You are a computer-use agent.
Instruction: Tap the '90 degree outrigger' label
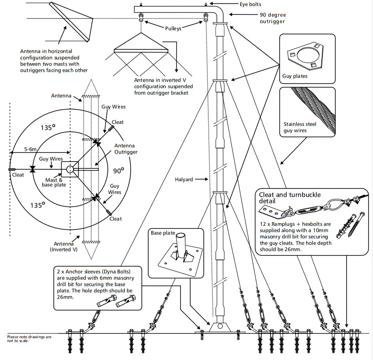272,18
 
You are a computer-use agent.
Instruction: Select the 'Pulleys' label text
173,28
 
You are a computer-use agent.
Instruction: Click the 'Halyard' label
184,180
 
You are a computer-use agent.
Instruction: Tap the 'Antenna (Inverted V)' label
61,246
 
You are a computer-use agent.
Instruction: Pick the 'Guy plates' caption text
295,76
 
